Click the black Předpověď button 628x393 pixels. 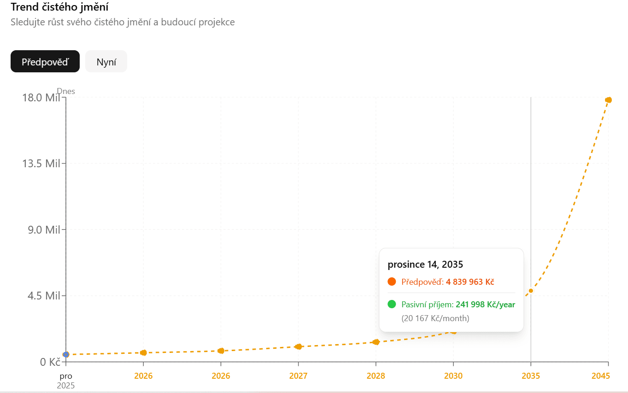[45, 61]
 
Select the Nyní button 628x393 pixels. [106, 61]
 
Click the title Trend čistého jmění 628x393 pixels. [59, 7]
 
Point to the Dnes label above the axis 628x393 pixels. [66, 91]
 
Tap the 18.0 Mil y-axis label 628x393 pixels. [41, 98]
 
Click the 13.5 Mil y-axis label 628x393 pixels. [41, 164]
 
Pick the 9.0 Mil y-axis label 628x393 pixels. [44, 230]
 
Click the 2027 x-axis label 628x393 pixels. [298, 375]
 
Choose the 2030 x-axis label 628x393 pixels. [453, 375]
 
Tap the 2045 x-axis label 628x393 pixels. [601, 375]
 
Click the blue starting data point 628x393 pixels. [66, 355]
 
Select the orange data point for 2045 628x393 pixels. [608, 100]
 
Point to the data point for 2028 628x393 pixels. [376, 342]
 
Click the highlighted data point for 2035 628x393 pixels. [531, 291]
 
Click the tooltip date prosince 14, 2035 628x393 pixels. [425, 264]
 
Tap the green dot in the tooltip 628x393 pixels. [392, 304]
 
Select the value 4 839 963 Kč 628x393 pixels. [470, 282]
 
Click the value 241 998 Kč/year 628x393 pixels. [485, 305]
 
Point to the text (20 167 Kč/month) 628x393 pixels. [435, 318]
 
